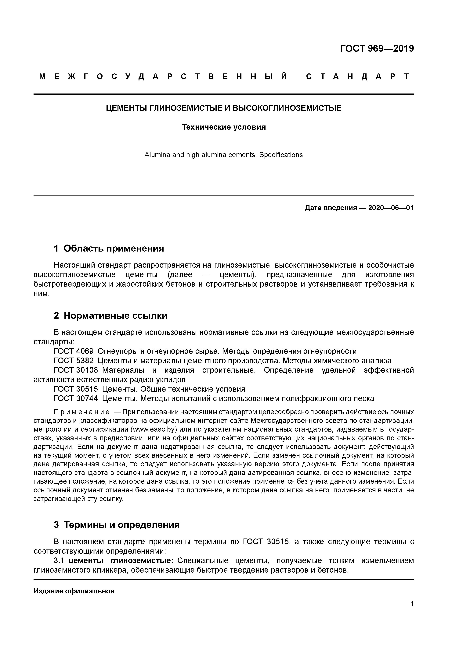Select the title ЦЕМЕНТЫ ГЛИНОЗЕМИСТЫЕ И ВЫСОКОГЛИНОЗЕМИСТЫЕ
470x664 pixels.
click(x=224, y=108)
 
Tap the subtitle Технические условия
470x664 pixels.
click(x=224, y=127)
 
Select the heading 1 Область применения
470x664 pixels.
click(x=109, y=248)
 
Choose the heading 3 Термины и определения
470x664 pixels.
click(x=117, y=525)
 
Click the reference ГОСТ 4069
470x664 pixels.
click(x=74, y=351)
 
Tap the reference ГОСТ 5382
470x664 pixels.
click(x=74, y=361)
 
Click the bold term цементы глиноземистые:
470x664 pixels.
click(x=121, y=561)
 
